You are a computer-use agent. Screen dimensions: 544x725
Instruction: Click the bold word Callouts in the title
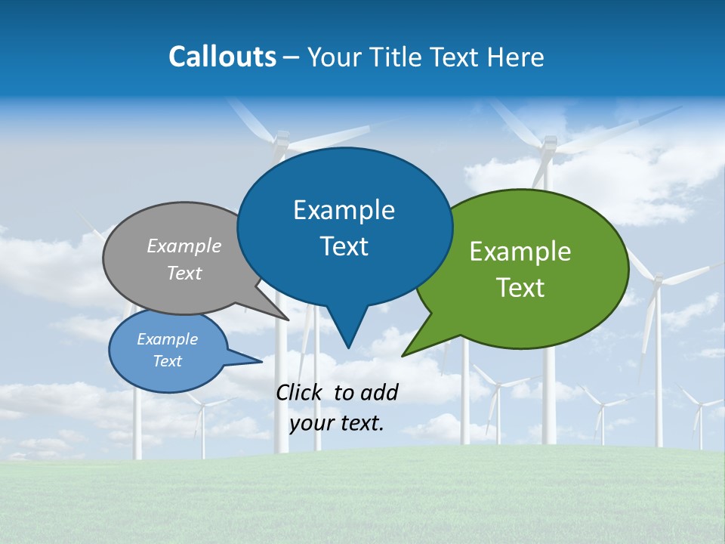click(x=223, y=57)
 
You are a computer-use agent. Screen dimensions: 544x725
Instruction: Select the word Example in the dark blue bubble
click(x=344, y=210)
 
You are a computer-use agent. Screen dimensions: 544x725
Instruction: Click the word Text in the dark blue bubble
click(x=344, y=246)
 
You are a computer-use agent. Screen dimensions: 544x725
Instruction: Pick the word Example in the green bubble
click(x=520, y=252)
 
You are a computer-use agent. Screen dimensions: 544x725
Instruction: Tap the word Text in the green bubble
click(x=520, y=288)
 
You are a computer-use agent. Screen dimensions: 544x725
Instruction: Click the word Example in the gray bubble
click(x=184, y=246)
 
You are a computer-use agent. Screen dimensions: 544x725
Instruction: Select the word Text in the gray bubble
click(x=184, y=274)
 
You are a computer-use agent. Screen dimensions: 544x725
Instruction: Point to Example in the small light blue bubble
click(x=167, y=339)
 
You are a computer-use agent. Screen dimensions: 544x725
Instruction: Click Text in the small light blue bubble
click(x=167, y=361)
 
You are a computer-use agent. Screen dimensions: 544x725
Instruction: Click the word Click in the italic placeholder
click(x=300, y=392)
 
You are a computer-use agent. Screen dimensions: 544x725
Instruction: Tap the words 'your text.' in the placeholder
click(x=337, y=423)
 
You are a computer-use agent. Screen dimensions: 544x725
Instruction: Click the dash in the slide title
click(x=292, y=57)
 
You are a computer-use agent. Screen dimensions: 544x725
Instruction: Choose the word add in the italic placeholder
click(x=381, y=392)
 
